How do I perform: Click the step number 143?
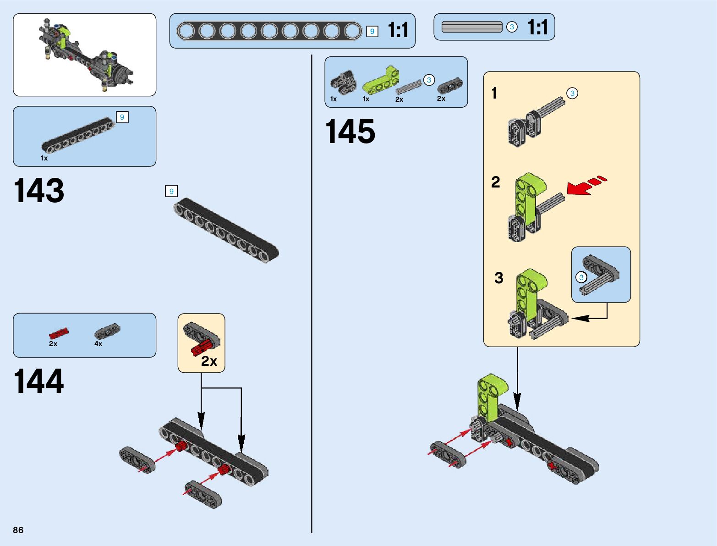pyautogui.click(x=39, y=191)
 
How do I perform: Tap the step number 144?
pyautogui.click(x=39, y=381)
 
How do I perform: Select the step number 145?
pyautogui.click(x=350, y=132)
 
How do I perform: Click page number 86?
pyautogui.click(x=18, y=530)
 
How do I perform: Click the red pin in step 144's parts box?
pyautogui.click(x=58, y=333)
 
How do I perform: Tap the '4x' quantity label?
pyautogui.click(x=99, y=344)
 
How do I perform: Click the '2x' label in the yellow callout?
pyautogui.click(x=209, y=361)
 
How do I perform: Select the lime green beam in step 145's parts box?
pyautogui.click(x=380, y=81)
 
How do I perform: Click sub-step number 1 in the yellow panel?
pyautogui.click(x=494, y=94)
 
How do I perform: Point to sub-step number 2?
pyautogui.click(x=496, y=182)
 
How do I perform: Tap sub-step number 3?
pyautogui.click(x=498, y=278)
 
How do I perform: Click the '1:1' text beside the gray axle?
pyautogui.click(x=537, y=27)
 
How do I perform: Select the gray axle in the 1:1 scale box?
pyautogui.click(x=472, y=27)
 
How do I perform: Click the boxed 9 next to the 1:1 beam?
pyautogui.click(x=372, y=31)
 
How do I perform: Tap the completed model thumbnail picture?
pyautogui.click(x=85, y=55)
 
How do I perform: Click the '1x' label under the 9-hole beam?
pyautogui.click(x=44, y=158)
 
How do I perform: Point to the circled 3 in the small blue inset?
pyautogui.click(x=581, y=277)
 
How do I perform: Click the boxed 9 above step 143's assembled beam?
pyautogui.click(x=171, y=191)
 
